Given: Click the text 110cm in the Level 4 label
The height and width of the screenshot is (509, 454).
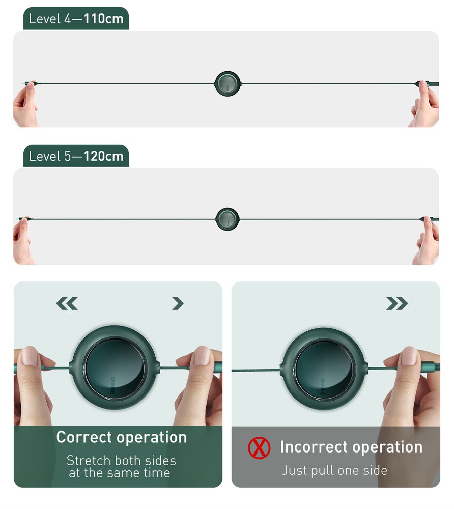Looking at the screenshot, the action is click(x=103, y=19).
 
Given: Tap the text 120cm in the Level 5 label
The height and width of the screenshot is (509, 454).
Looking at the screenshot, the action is click(x=103, y=156).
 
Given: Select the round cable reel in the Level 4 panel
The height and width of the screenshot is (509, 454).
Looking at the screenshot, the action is click(x=228, y=84).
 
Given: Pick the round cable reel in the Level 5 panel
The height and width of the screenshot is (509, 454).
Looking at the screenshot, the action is click(x=228, y=219).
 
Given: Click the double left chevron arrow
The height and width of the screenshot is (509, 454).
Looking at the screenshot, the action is click(x=67, y=303).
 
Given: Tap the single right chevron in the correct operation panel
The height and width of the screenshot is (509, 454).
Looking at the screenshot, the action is click(x=178, y=303).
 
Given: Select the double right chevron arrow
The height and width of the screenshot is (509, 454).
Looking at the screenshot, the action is click(x=397, y=303).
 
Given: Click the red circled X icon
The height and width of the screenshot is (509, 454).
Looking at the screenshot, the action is click(x=259, y=448).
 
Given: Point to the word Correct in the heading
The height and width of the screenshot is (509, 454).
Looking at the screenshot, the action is click(x=84, y=437).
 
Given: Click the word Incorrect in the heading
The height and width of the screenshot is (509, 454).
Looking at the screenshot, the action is click(x=314, y=447).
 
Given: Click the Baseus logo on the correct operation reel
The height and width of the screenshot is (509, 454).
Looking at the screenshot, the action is click(x=112, y=385).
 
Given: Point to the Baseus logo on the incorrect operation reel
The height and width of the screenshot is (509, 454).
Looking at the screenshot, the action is click(x=322, y=386).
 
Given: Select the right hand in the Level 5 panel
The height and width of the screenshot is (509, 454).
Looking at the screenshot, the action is click(x=427, y=241).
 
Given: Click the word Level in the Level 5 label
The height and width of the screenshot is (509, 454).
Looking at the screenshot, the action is click(x=45, y=156).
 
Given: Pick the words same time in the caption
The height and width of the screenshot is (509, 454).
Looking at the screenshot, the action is click(x=138, y=473).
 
